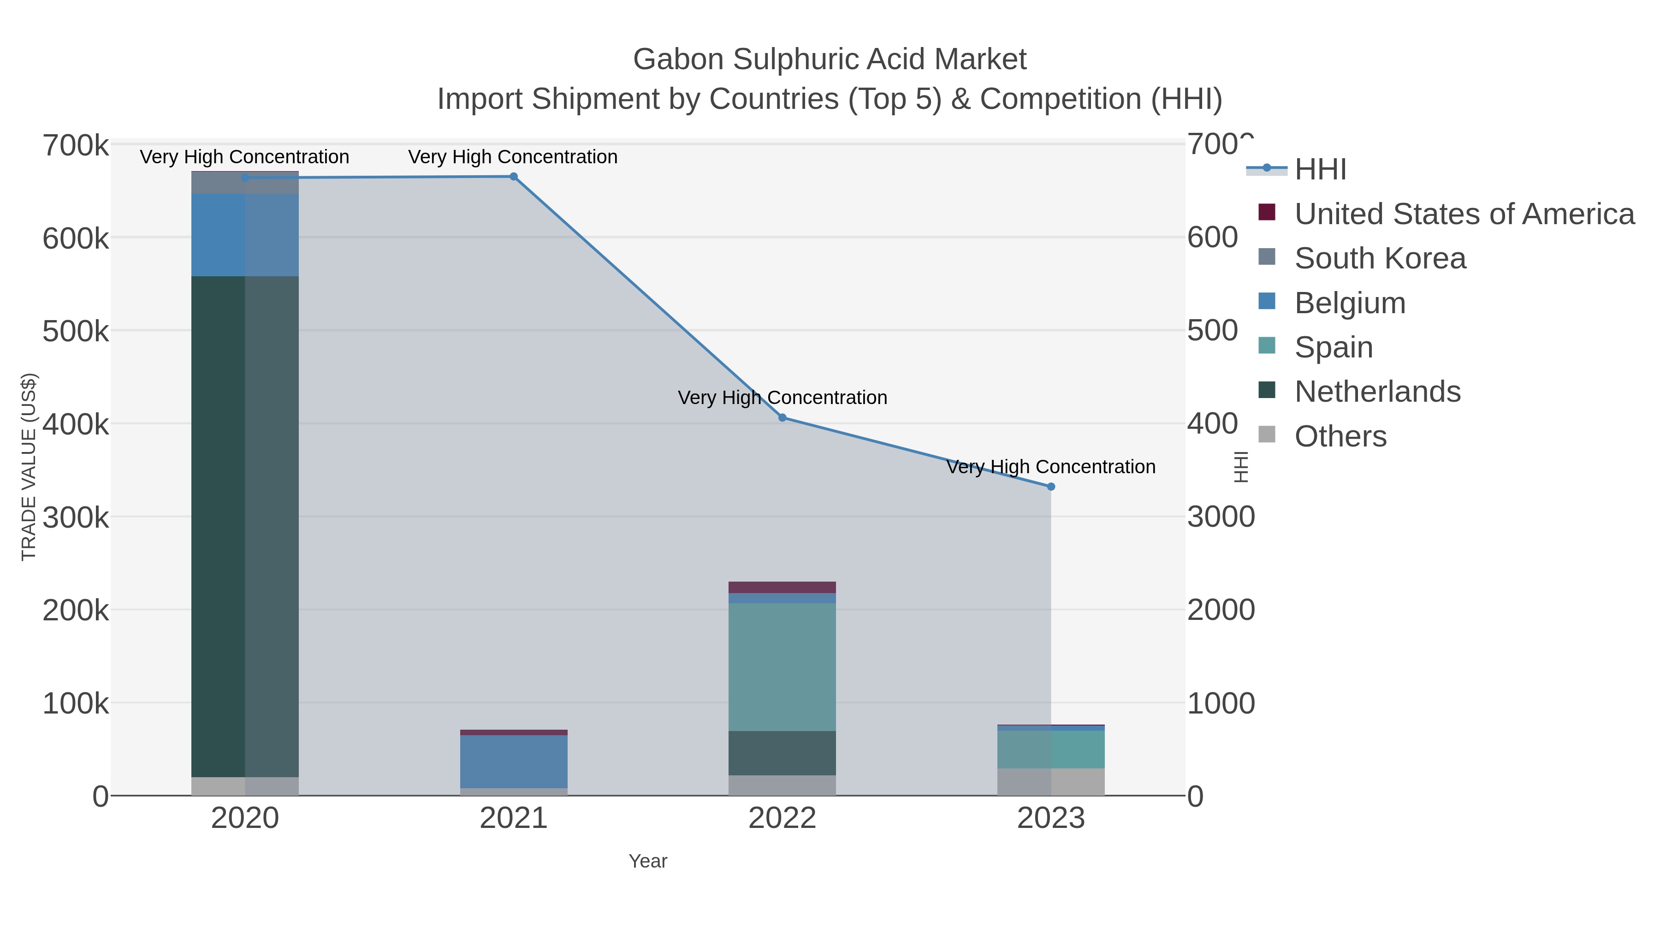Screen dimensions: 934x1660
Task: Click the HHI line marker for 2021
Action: pyautogui.click(x=514, y=177)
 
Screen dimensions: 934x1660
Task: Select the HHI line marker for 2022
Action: pyautogui.click(x=783, y=418)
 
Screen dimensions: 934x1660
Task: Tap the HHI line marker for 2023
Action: pyautogui.click(x=1051, y=487)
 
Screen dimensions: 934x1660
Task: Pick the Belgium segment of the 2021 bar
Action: pyautogui.click(x=514, y=761)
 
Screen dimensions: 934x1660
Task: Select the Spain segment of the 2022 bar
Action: pyautogui.click(x=783, y=666)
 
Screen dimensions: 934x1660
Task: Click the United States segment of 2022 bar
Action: pyautogui.click(x=783, y=587)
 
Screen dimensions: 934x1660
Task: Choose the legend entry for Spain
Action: pyautogui.click(x=1333, y=347)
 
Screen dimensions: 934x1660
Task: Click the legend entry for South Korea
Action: pyautogui.click(x=1380, y=258)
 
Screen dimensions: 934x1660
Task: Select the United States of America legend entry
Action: pyautogui.click(x=1464, y=214)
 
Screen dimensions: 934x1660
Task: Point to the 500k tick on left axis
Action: pyautogui.click(x=76, y=331)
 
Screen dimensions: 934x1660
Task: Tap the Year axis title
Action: pyautogui.click(x=648, y=861)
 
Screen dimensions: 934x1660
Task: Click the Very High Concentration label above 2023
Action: pyautogui.click(x=1050, y=467)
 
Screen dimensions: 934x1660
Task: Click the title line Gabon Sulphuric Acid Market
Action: pyautogui.click(x=830, y=59)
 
